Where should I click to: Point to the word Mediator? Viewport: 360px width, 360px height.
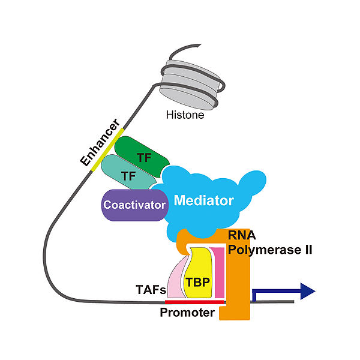(203, 200)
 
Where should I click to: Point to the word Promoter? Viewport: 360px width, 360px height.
(187, 313)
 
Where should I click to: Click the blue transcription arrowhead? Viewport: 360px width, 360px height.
(307, 292)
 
